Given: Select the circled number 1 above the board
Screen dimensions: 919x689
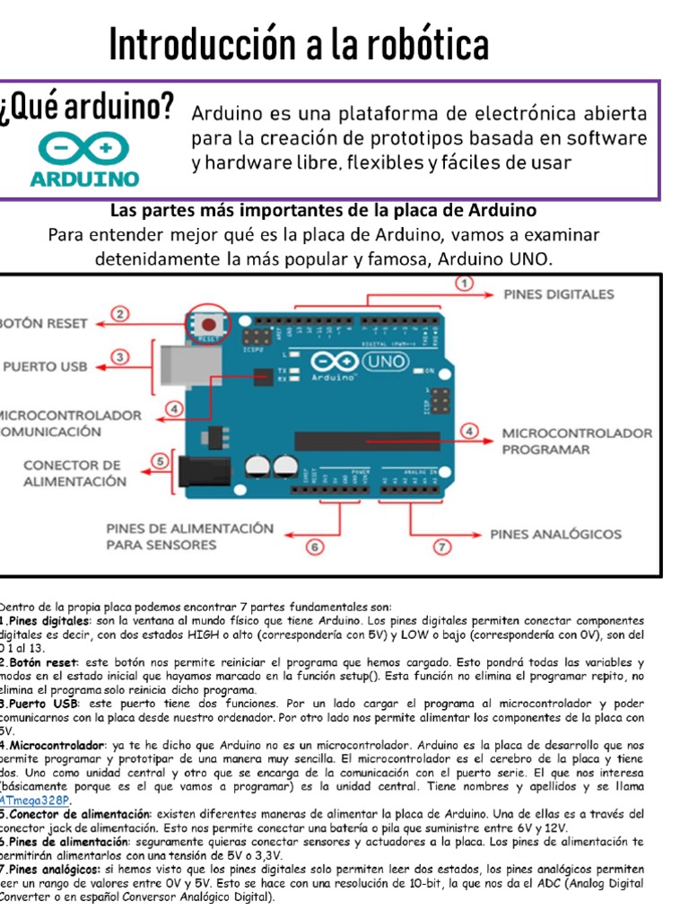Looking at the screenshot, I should pyautogui.click(x=464, y=284).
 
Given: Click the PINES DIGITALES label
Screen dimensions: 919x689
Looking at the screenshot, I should pyautogui.click(x=558, y=294).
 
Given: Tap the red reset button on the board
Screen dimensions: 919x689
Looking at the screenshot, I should pyautogui.click(x=208, y=324).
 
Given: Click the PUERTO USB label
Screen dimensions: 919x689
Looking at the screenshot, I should pyautogui.click(x=44, y=366).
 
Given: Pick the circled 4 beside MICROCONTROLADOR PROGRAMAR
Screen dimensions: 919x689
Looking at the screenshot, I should pyautogui.click(x=470, y=432).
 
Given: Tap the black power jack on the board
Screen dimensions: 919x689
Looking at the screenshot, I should pyautogui.click(x=199, y=472).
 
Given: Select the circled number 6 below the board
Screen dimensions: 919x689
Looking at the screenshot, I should pyautogui.click(x=314, y=546).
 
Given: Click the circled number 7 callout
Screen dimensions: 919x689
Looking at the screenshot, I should pyautogui.click(x=442, y=546).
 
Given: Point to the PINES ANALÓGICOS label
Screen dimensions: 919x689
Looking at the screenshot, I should pyautogui.click(x=555, y=534).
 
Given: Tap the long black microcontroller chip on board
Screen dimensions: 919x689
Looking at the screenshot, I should pyautogui.click(x=368, y=441).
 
